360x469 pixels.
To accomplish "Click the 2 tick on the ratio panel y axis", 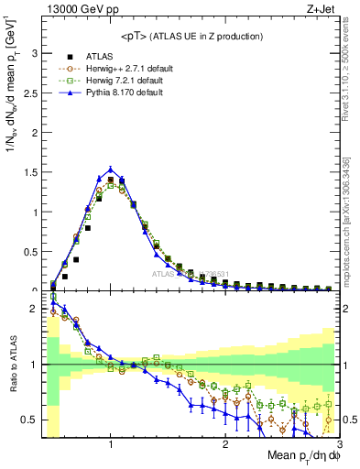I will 35,309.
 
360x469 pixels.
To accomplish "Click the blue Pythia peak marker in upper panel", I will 111,169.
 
